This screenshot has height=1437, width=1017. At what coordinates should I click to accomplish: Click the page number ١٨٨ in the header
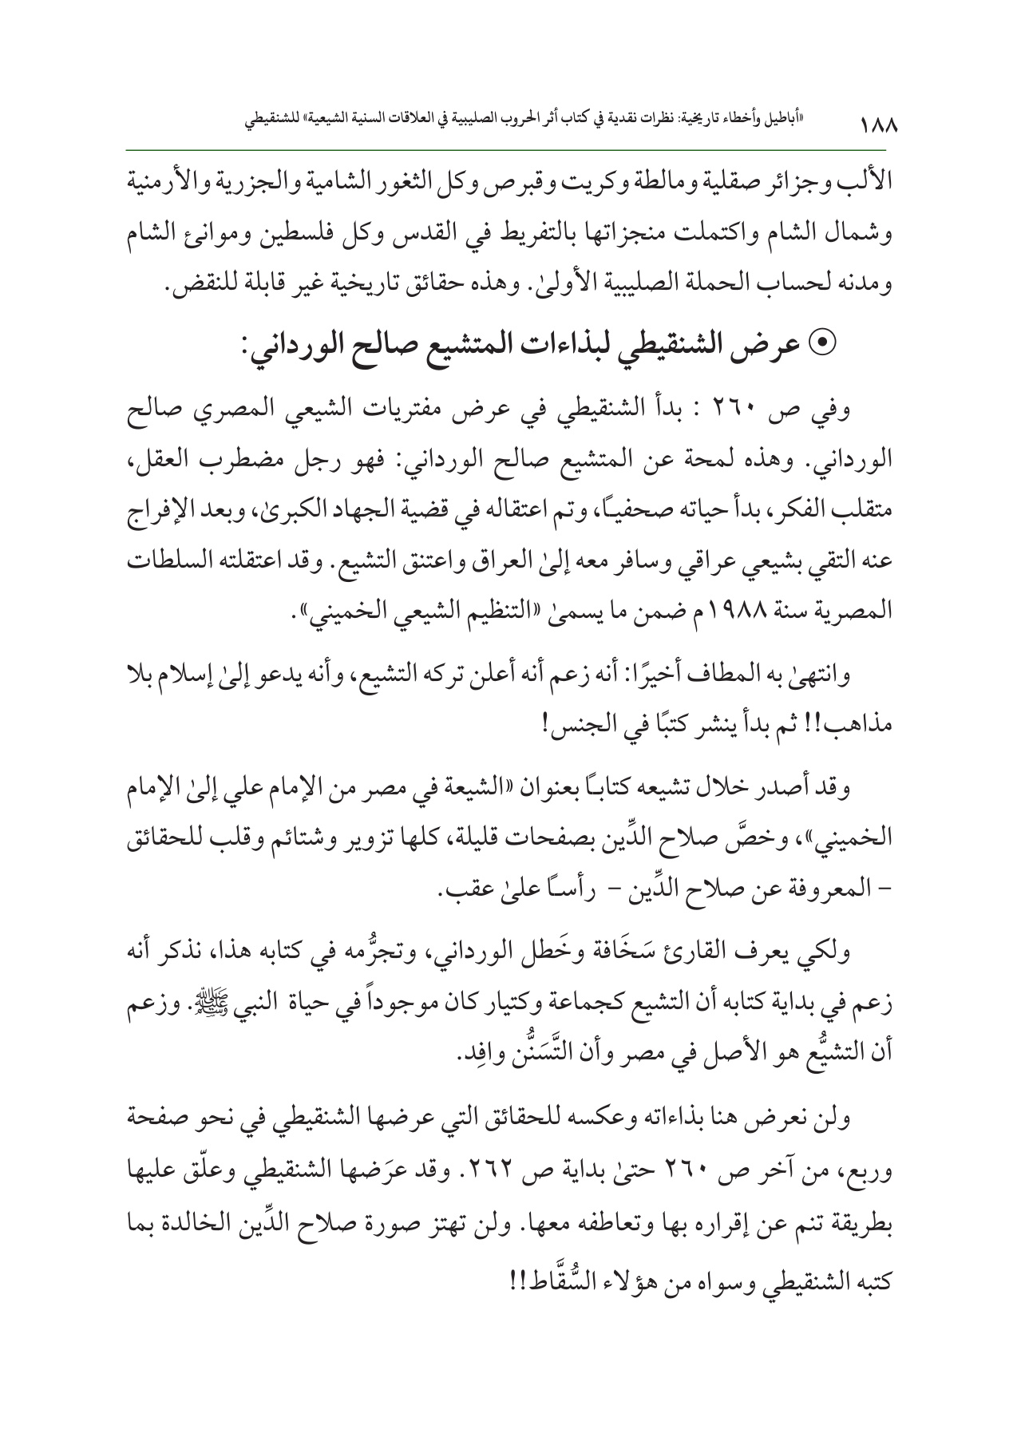[x=877, y=127]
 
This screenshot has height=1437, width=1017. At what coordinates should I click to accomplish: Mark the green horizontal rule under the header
[x=508, y=149]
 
